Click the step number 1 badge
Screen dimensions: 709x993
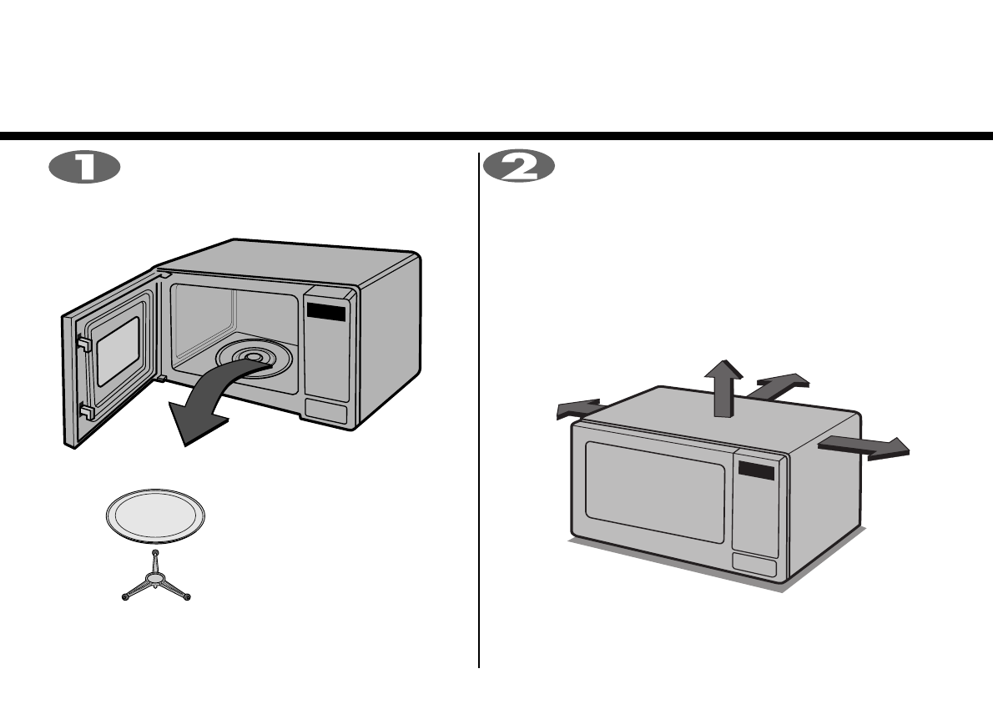pos(84,168)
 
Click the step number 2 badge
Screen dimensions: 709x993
pos(518,168)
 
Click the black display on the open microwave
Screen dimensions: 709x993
pos(325,313)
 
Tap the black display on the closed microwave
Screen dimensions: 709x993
pos(756,471)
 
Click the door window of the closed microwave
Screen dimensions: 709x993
pos(654,492)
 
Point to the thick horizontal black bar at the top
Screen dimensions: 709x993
pos(496,136)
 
